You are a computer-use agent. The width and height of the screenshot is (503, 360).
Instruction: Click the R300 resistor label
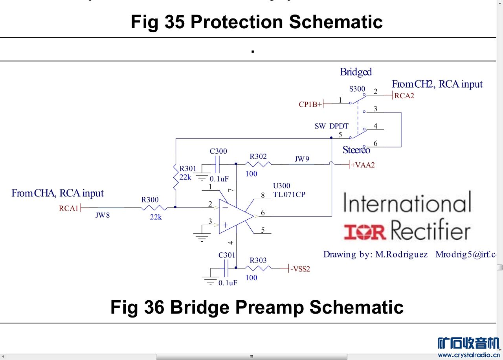[x=150, y=200]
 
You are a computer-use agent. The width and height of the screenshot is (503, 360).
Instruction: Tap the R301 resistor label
[x=188, y=169]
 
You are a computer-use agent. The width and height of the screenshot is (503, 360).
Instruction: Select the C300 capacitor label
[x=218, y=151]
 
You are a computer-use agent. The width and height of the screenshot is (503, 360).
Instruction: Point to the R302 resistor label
[x=258, y=156]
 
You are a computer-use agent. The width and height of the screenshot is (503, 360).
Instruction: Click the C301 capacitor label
[x=227, y=255]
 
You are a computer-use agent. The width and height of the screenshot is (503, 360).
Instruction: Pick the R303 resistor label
[x=258, y=260]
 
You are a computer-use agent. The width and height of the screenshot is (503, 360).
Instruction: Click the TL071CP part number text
[x=289, y=195]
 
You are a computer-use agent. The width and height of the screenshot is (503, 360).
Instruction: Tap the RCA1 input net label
[x=69, y=208]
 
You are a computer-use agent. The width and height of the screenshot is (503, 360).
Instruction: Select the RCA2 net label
[x=404, y=96]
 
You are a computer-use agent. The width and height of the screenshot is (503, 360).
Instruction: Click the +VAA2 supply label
[x=363, y=165]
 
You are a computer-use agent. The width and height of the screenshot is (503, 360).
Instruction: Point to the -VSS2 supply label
[x=300, y=269]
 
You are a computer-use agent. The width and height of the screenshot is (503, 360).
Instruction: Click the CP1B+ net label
[x=310, y=105]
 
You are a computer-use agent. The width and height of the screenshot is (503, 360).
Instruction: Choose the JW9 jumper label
[x=302, y=159]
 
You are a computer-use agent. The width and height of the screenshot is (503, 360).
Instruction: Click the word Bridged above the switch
[x=356, y=72]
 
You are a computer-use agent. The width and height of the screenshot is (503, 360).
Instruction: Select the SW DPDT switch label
[x=331, y=126]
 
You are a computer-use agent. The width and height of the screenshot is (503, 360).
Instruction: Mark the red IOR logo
[x=365, y=231]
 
